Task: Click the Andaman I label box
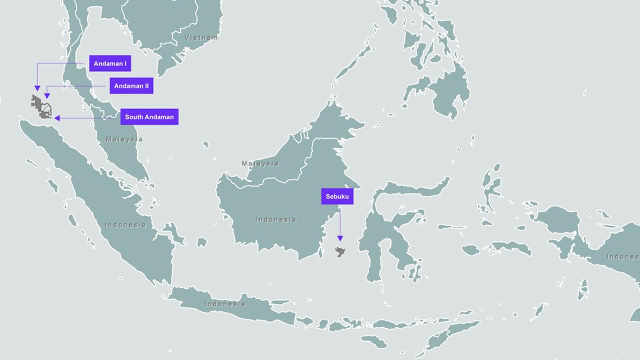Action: (110, 63)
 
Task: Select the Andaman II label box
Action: (131, 86)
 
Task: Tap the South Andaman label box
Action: (149, 117)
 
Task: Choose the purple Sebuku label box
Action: (337, 196)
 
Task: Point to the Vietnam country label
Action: (201, 37)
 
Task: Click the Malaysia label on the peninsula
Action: (124, 139)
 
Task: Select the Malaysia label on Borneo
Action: (260, 163)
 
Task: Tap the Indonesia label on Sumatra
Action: (125, 224)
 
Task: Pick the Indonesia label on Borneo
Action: (275, 219)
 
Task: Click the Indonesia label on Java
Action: (224, 303)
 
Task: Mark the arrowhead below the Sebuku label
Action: (340, 238)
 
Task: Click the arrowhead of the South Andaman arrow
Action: (57, 118)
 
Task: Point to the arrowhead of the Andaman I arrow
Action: (37, 88)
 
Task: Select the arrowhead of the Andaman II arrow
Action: (47, 95)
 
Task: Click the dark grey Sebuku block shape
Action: (340, 251)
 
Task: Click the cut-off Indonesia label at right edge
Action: (622, 256)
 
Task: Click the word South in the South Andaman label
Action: (134, 117)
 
